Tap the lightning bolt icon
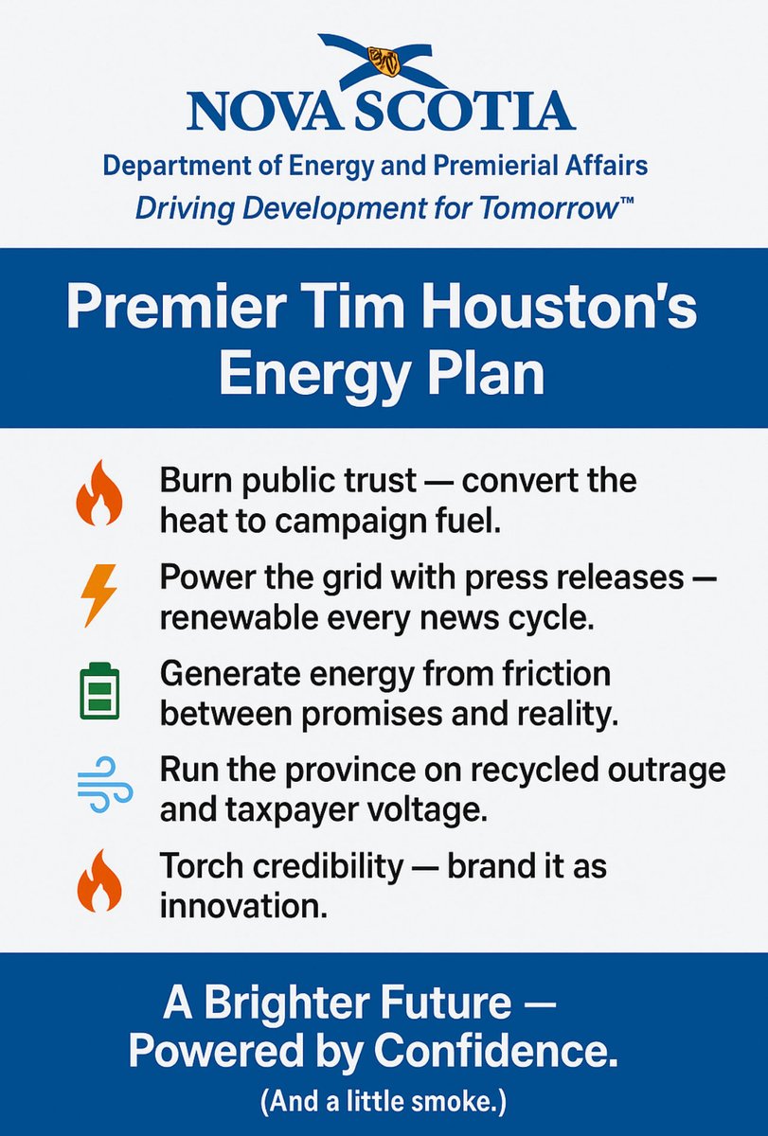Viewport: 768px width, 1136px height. tap(99, 595)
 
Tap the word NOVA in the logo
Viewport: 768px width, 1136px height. tap(265, 111)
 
